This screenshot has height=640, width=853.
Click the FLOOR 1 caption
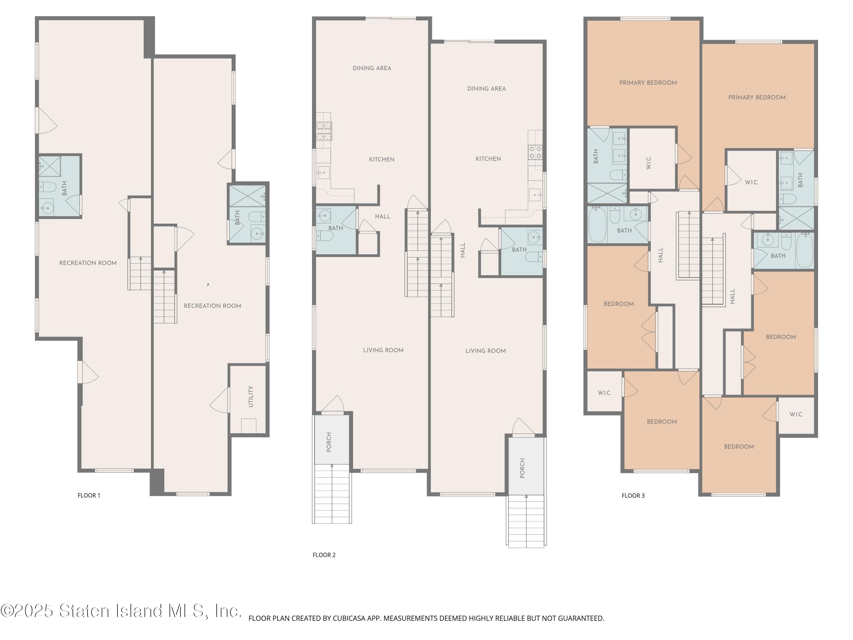coord(89,495)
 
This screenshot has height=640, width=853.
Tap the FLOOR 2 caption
coord(324,555)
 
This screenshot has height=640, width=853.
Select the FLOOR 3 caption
coord(633,496)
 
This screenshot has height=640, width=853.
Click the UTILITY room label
coord(251,396)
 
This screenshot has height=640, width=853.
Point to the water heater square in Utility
coord(248,426)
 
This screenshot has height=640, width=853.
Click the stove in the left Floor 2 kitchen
coord(324,131)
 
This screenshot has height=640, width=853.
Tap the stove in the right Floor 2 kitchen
coord(535,152)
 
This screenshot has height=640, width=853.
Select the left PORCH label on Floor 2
coord(329,442)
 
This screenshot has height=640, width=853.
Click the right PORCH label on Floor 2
coord(522,468)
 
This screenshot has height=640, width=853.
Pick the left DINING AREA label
coord(372,68)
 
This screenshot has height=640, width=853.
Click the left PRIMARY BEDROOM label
coord(648,82)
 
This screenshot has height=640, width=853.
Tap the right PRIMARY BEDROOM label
coord(757,98)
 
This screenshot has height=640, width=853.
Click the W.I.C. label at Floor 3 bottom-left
coord(604,393)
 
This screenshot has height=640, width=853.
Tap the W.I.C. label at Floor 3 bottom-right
coord(796,414)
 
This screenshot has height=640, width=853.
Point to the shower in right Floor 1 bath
coord(247,196)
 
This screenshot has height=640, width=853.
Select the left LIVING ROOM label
coord(383,350)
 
